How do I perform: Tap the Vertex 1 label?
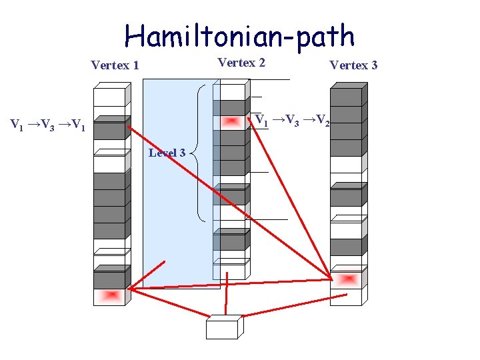click(x=115, y=65)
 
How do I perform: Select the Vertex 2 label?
click(x=241, y=63)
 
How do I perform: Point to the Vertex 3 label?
click(x=353, y=65)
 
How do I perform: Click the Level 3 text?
click(x=167, y=153)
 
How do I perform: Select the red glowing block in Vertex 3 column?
click(x=346, y=279)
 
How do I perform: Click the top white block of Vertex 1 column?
click(x=109, y=97)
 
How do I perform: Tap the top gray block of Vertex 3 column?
click(x=346, y=97)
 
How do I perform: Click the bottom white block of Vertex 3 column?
click(x=346, y=297)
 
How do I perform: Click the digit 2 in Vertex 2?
click(x=262, y=63)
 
